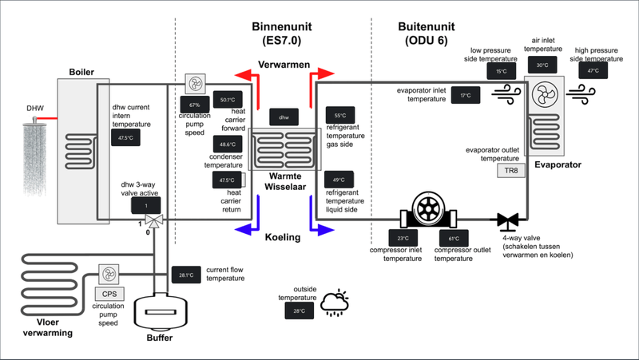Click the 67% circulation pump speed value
[x=195, y=105]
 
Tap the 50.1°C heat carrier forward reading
[x=226, y=101]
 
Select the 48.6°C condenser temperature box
[x=226, y=144]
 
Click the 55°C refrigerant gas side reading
[x=340, y=115]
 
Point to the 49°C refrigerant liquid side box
[x=339, y=180]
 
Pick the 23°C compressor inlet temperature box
[x=403, y=238]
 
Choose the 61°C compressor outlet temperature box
[x=454, y=238]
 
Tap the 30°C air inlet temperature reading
[x=542, y=65]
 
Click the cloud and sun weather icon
[x=334, y=303]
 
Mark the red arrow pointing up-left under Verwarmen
[x=249, y=79]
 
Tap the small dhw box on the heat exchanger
[x=284, y=117]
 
